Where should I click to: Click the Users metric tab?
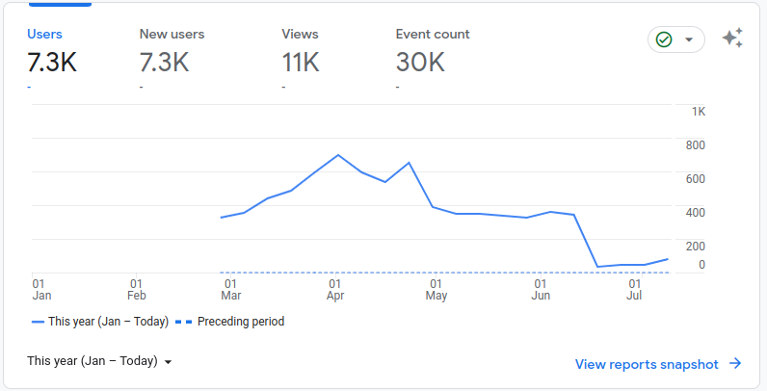point(44,35)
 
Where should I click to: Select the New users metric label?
point(172,35)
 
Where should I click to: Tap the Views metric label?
point(300,35)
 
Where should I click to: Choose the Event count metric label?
point(433,35)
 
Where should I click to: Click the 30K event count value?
point(420,63)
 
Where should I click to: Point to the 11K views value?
point(301,63)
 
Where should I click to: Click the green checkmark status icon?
point(664,39)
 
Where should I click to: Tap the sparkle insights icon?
point(732,38)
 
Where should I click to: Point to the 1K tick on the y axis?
point(699,112)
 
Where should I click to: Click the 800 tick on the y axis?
point(695,145)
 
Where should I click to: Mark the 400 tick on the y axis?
point(695,213)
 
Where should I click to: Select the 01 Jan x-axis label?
point(41,289)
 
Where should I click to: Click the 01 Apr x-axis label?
point(335,289)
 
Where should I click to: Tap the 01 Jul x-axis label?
point(634,289)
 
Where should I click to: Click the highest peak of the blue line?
point(337,155)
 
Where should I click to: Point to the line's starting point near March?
point(221,218)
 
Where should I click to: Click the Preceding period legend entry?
point(230,322)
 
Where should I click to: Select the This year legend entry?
point(100,322)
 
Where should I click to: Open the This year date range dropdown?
point(99,361)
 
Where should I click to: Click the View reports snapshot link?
point(658,364)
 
